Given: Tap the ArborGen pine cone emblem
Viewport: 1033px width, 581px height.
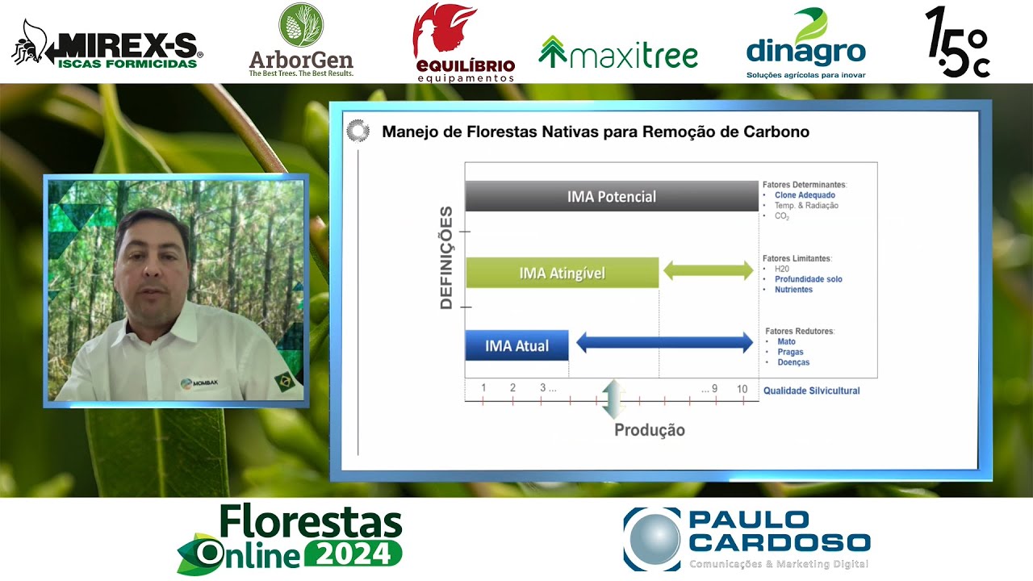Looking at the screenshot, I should point(301,26).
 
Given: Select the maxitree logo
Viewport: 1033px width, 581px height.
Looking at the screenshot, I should point(618,53).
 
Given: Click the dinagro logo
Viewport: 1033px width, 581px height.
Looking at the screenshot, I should point(805,44).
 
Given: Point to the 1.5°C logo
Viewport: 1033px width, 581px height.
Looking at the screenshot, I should point(957,44).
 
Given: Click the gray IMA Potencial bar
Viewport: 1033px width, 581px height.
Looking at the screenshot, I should point(611,197).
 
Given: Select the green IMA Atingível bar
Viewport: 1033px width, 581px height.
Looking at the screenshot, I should point(562,273).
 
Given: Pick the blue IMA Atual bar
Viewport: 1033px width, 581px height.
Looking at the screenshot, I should point(516,345).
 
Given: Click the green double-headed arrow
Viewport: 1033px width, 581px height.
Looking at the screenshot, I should point(708,271).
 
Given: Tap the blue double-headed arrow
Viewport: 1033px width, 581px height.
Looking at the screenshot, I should point(664,343).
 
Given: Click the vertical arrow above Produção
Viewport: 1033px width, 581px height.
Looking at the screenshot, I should point(613,399).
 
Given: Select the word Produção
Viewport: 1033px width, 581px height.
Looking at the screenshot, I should point(649,430).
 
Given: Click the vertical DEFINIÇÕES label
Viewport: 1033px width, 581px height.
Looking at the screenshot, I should point(446,258).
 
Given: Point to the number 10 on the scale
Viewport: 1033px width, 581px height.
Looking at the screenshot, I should point(742,389).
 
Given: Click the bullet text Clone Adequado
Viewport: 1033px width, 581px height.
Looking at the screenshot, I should point(805,195).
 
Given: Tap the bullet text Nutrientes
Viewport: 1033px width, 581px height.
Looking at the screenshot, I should point(793,290).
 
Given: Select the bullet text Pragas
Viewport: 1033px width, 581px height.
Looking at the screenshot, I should point(790,352).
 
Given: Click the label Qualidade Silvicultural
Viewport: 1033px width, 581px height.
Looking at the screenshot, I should point(811,391).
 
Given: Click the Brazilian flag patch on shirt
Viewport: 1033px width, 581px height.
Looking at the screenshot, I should point(284,380).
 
